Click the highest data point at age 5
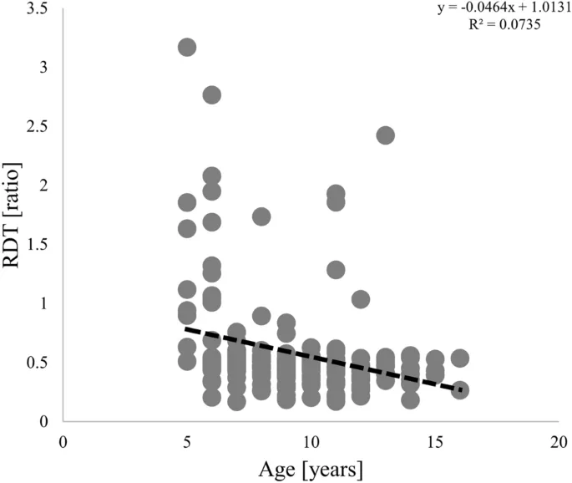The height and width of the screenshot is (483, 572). (x=187, y=47)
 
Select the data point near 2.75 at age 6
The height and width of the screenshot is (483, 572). (x=212, y=95)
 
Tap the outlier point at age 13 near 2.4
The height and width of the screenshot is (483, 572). (x=385, y=135)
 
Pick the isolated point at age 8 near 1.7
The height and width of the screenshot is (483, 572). (x=261, y=217)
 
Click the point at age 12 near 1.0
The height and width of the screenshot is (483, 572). (x=361, y=299)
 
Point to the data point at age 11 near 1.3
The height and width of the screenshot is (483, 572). (x=336, y=270)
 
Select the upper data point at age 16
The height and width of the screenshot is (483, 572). (x=460, y=358)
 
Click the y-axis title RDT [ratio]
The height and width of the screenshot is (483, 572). (x=14, y=218)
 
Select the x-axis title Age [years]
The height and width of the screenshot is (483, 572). (x=311, y=470)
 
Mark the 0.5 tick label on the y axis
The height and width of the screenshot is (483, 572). (x=36, y=363)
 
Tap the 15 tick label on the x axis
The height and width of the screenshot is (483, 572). (x=435, y=440)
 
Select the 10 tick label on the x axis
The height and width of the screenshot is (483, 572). (x=311, y=440)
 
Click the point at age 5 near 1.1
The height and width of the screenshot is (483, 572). (x=187, y=290)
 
